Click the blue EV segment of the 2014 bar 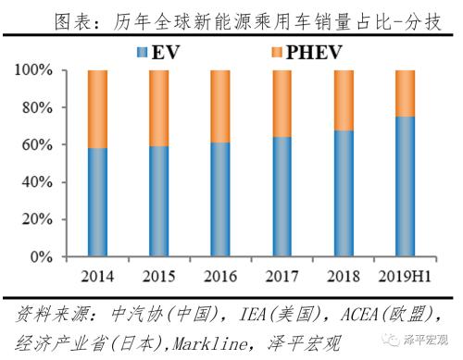click(x=103, y=203)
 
